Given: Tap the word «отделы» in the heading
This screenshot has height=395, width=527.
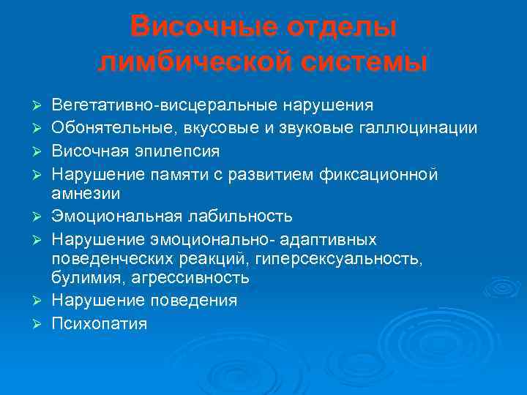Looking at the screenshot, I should click(x=340, y=28).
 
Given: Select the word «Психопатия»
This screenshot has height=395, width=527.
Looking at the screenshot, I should click(x=99, y=323).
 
